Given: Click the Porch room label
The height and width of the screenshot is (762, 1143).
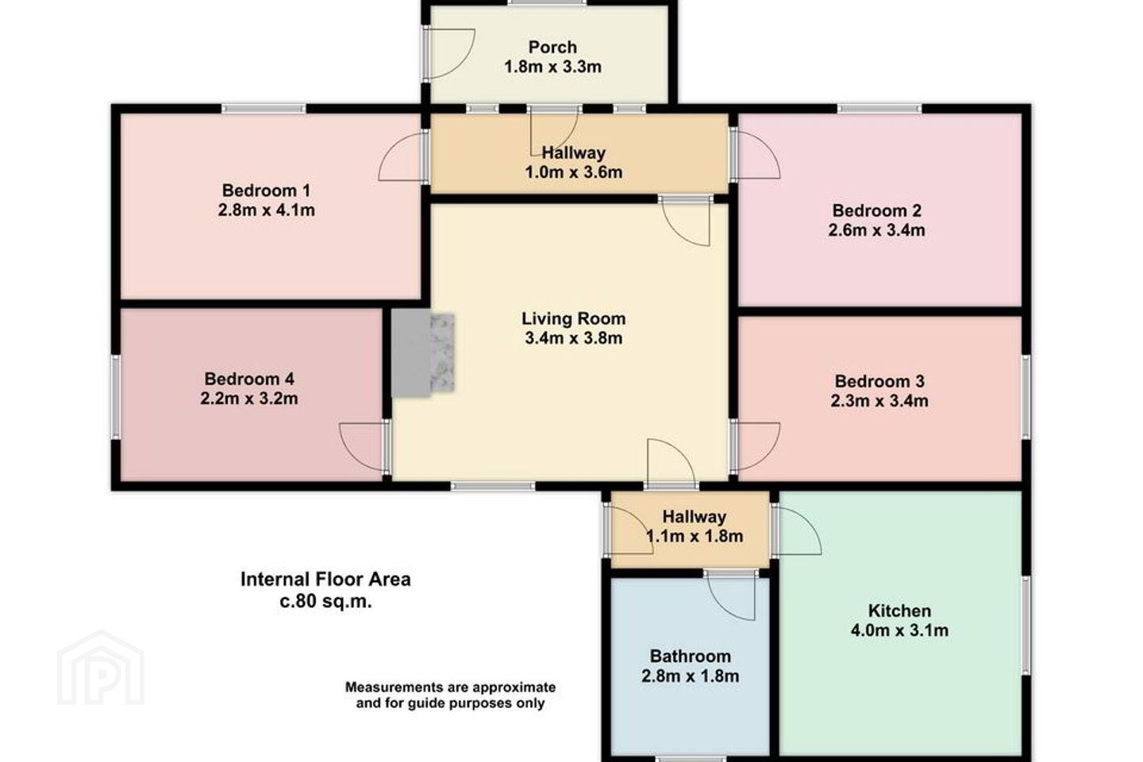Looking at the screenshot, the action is tap(552, 48).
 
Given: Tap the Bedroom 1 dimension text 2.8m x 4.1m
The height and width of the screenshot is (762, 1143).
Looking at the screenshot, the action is tap(267, 210).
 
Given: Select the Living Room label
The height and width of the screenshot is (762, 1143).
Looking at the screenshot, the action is tap(574, 319).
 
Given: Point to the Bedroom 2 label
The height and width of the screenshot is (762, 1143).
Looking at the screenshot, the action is tap(876, 210).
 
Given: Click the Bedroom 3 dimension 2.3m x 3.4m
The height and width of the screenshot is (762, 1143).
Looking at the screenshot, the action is tap(879, 401).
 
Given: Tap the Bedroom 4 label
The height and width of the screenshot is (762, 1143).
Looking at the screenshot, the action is tap(249, 379).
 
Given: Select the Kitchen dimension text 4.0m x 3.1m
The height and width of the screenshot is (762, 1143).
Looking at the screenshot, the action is tap(899, 631).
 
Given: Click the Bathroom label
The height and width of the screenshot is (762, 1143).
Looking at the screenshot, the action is tap(691, 656).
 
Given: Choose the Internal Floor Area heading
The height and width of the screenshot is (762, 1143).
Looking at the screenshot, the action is tap(325, 579).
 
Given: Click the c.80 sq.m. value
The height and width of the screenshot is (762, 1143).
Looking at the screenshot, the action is tap(325, 602).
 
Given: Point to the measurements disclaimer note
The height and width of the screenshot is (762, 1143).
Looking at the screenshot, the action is tap(451, 695).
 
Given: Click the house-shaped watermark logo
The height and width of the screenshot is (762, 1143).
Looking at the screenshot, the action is tap(101, 668).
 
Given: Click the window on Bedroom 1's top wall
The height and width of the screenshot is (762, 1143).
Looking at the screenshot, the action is tap(264, 108).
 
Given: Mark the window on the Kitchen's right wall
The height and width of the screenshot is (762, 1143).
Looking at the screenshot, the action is tap(1026, 625).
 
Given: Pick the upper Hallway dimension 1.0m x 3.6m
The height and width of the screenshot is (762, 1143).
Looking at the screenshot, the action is tap(574, 172).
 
